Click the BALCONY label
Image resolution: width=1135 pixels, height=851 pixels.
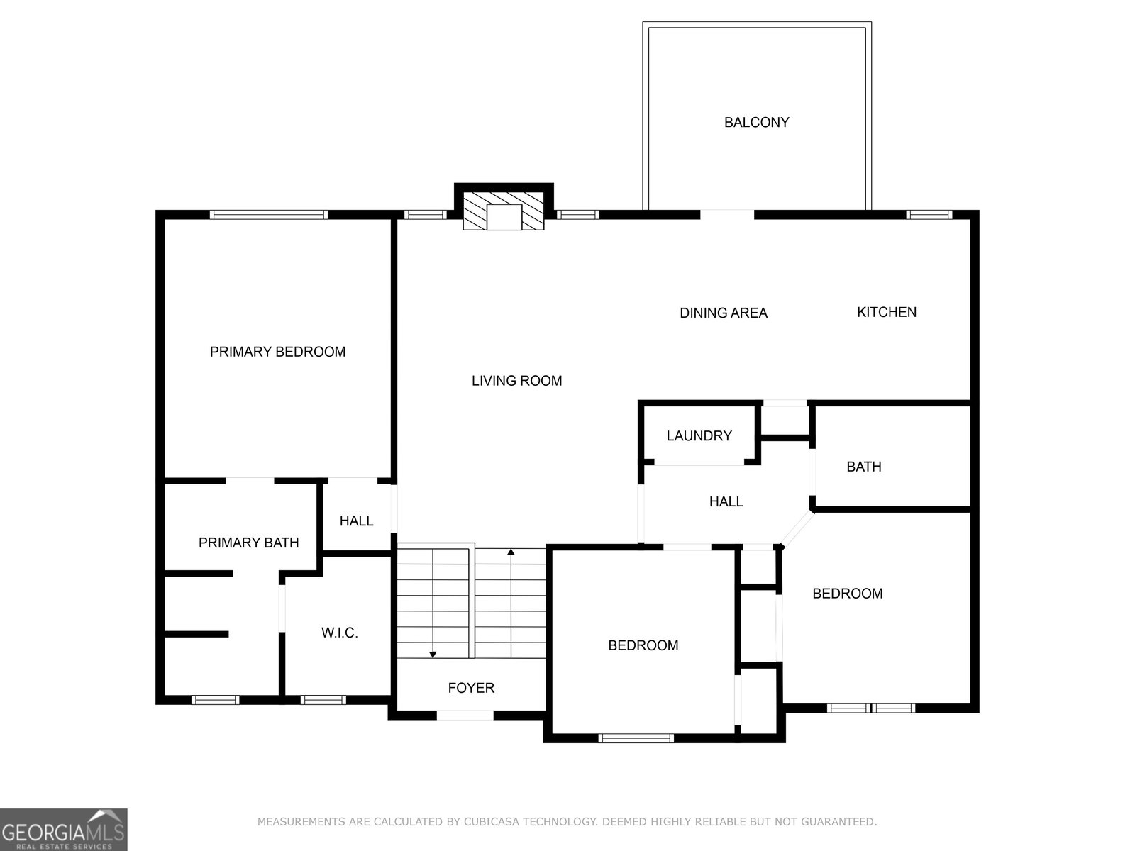pyautogui.click(x=756, y=123)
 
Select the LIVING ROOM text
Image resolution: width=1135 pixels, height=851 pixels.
pyautogui.click(x=516, y=381)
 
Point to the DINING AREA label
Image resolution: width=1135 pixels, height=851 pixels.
pyautogui.click(x=724, y=313)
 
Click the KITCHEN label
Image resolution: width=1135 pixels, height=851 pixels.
pyautogui.click(x=887, y=312)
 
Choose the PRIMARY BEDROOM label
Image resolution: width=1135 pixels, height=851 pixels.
pyautogui.click(x=277, y=352)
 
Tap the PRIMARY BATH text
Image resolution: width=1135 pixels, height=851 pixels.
pyautogui.click(x=249, y=543)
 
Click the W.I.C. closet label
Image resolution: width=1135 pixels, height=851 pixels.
pyautogui.click(x=340, y=633)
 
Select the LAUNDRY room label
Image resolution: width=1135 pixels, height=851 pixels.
pyautogui.click(x=699, y=435)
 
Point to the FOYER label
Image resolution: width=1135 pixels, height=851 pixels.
pyautogui.click(x=471, y=688)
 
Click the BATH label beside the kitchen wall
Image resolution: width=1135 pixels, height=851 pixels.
pyautogui.click(x=864, y=467)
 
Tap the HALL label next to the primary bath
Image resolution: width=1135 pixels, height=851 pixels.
pyautogui.click(x=356, y=521)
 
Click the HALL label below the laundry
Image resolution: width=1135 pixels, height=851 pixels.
pyautogui.click(x=726, y=501)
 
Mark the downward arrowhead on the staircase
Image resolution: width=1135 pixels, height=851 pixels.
pyautogui.click(x=433, y=655)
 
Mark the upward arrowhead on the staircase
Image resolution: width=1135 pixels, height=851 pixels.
pyautogui.click(x=511, y=552)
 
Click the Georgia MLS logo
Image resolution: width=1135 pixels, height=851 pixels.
pyautogui.click(x=64, y=829)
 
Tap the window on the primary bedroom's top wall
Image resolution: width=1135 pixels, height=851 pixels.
pyautogui.click(x=269, y=214)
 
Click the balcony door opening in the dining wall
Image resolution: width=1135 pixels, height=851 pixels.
pyautogui.click(x=727, y=214)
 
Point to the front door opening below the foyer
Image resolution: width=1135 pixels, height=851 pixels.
pyautogui.click(x=465, y=715)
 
